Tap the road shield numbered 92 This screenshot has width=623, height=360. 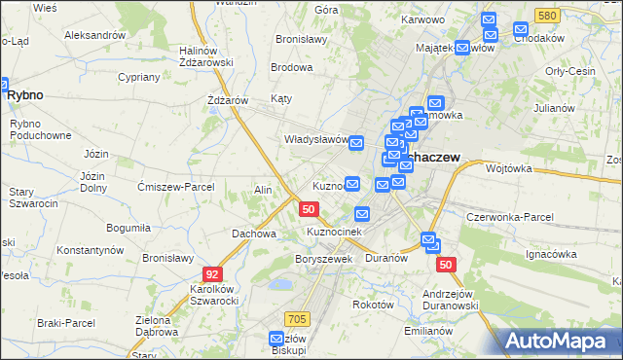click(211, 274)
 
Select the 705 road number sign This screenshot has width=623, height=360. click(298, 319)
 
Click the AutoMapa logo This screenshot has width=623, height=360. click(559, 342)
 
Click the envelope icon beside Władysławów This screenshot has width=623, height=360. click(356, 143)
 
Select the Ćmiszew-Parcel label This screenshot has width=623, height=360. click(177, 187)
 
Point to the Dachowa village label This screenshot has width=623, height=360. click(253, 234)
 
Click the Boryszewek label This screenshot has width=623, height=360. click(322, 260)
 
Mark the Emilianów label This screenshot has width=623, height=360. click(429, 331)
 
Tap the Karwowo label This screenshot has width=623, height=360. click(423, 19)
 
